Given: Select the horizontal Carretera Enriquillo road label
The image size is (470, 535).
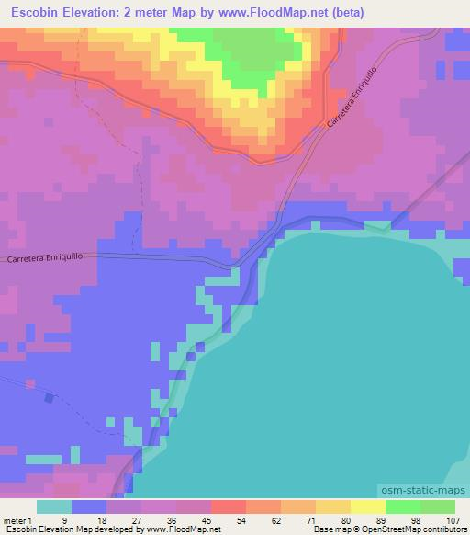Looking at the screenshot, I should point(51,259).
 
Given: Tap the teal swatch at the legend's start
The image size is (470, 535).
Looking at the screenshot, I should point(54,507).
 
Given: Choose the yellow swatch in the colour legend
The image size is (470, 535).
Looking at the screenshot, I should point(368,507).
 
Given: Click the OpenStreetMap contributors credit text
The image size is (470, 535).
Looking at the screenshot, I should point(420,529).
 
